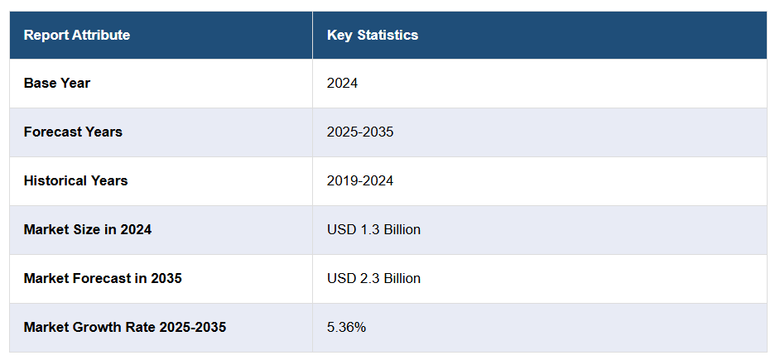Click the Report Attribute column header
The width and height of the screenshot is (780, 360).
tap(77, 35)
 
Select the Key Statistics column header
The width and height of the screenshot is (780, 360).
tap(373, 35)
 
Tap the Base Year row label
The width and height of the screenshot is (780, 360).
tap(57, 83)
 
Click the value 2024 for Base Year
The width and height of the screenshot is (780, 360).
tap(342, 83)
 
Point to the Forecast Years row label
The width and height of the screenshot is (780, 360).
tap(73, 132)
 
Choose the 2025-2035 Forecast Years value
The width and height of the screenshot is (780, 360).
tap(360, 132)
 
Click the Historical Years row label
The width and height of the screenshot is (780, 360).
tap(75, 180)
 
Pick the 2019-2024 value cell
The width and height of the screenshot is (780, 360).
tap(360, 180)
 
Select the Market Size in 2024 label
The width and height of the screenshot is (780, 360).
tap(88, 229)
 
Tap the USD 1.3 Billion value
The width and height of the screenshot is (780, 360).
tap(373, 229)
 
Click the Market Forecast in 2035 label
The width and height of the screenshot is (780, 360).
tap(103, 278)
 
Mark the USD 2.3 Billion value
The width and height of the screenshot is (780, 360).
tap(373, 278)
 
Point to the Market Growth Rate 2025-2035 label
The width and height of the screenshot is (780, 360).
tap(125, 327)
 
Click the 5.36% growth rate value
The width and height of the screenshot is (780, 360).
tap(346, 327)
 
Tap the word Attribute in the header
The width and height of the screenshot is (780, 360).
tap(101, 35)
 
